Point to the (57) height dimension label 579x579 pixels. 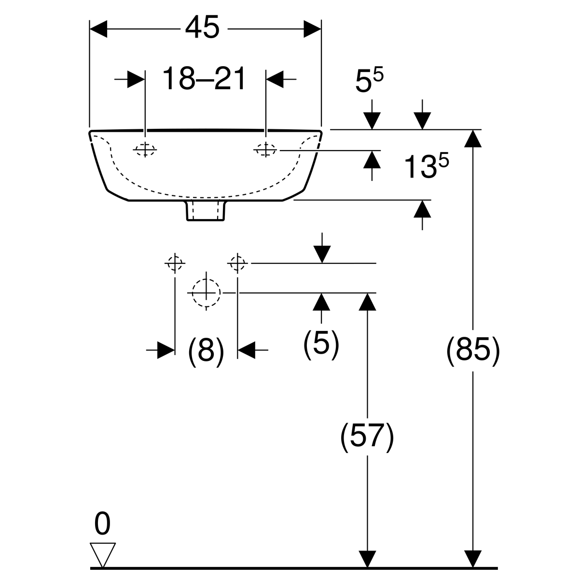click(367, 438)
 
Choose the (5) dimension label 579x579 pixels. click(321, 344)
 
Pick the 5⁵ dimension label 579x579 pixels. click(369, 80)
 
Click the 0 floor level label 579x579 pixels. click(102, 524)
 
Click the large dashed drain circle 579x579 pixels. click(206, 292)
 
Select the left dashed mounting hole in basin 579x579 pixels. click(145, 150)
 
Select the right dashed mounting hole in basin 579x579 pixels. click(265, 151)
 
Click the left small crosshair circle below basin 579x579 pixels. click(174, 263)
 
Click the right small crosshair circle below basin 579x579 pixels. click(237, 263)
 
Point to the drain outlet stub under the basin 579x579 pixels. click(206, 211)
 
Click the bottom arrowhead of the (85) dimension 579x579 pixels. click(475, 558)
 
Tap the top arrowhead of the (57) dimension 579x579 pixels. click(368, 301)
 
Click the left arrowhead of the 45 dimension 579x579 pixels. click(98, 29)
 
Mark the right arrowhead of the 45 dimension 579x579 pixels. click(313, 29)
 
